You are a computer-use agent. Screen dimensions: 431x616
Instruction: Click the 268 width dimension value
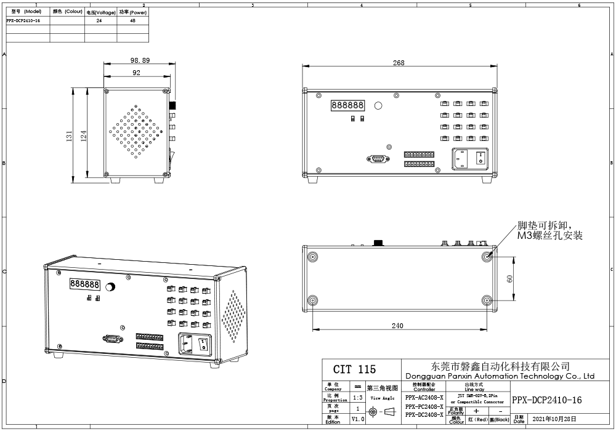coord(399,63)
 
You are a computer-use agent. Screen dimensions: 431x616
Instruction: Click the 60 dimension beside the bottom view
coord(509,278)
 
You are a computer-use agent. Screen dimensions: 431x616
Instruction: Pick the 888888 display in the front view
coord(348,105)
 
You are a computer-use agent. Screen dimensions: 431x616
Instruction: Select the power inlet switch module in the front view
coord(471,159)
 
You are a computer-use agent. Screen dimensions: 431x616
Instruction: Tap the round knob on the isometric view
coord(111,287)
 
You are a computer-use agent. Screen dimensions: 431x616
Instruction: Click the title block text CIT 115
coord(354,369)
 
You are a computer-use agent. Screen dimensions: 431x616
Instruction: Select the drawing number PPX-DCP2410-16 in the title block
coord(546,400)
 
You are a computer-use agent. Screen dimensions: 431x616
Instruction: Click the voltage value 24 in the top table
coord(99,20)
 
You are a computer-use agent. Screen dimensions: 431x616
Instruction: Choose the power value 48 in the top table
coord(132,20)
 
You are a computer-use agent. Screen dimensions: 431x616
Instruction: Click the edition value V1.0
coord(358,419)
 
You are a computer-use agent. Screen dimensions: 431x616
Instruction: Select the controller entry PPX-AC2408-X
coord(424,398)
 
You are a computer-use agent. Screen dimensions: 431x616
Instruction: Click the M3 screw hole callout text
coord(549,231)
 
